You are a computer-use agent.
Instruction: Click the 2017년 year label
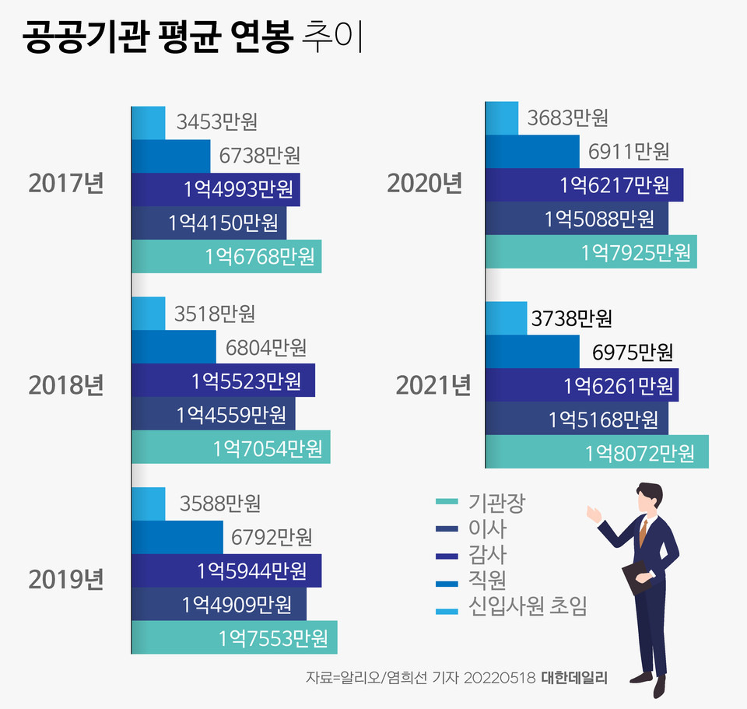coord(65,184)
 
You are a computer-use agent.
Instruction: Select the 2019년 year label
coord(65,580)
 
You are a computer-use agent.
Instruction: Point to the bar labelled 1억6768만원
coord(226,256)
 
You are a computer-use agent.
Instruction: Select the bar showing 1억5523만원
coord(223,381)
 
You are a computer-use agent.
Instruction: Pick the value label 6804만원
coord(266,347)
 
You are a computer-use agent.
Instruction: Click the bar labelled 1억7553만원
coord(233,637)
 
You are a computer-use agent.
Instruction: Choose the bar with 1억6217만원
coord(584,185)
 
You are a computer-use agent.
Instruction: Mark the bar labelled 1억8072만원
coord(596,452)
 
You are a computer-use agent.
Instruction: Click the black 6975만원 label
coord(632,353)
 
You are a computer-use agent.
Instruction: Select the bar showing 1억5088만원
coord(576,219)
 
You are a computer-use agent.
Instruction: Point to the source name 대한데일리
coord(573,676)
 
